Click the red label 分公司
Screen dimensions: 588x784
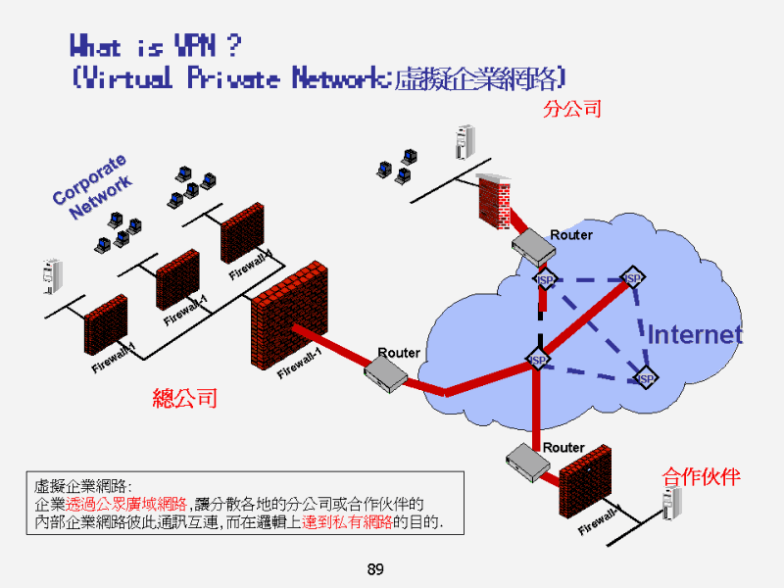pyautogui.click(x=571, y=108)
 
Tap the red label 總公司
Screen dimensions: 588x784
pyautogui.click(x=184, y=398)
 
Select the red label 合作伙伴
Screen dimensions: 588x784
pyautogui.click(x=701, y=477)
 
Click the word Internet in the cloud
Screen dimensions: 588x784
pyautogui.click(x=695, y=334)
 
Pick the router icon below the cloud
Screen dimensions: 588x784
pyautogui.click(x=529, y=461)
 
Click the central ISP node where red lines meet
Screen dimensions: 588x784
pyautogui.click(x=537, y=360)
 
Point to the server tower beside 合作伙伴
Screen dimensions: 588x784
pyautogui.click(x=671, y=503)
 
